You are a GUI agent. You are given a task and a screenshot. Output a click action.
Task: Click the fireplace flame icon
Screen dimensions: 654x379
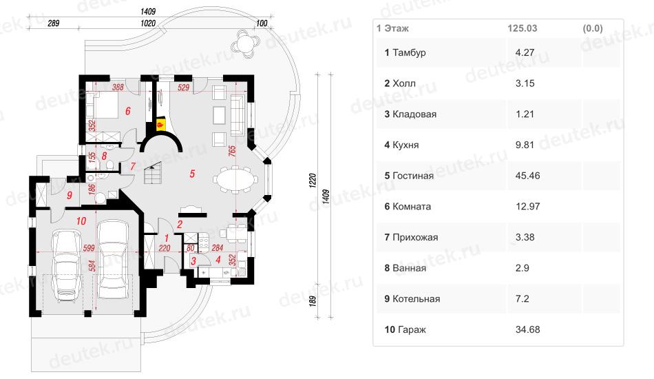coord(159,125)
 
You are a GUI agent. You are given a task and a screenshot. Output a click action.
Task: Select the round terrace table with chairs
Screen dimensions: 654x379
coord(246,43)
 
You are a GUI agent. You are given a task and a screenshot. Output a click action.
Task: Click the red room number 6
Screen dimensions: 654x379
coord(128,111)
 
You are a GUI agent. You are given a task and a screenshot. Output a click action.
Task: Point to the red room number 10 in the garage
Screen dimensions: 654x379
coord(81,221)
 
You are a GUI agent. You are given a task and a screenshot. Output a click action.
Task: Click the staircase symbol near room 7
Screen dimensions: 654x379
coord(153,173)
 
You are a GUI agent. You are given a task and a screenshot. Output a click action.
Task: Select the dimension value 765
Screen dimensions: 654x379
coord(232,151)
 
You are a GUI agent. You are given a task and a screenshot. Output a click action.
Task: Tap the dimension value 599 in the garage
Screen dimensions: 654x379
coord(88,248)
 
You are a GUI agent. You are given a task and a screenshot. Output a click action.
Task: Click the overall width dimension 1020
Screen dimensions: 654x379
coord(148,23)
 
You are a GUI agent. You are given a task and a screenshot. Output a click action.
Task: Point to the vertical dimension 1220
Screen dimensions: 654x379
coord(313,181)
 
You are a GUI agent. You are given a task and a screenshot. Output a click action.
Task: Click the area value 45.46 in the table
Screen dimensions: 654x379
coord(527,176)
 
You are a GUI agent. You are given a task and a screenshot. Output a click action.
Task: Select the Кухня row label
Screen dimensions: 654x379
coord(405,145)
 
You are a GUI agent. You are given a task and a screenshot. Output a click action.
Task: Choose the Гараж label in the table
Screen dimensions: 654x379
coord(412,330)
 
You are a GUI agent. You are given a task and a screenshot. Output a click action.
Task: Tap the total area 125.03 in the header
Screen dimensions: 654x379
coord(523,28)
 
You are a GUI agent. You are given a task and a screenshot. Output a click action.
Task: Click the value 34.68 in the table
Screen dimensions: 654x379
coord(527,330)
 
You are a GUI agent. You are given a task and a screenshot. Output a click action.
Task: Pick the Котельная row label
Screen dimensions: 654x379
coord(416,299)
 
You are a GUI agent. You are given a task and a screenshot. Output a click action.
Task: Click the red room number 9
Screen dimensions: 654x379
coord(70,195)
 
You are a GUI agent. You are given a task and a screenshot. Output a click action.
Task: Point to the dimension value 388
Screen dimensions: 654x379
coord(118,88)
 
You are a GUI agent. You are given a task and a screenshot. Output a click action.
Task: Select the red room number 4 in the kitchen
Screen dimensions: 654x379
coord(218,260)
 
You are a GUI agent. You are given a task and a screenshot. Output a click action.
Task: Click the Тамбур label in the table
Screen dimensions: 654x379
coord(409,53)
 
